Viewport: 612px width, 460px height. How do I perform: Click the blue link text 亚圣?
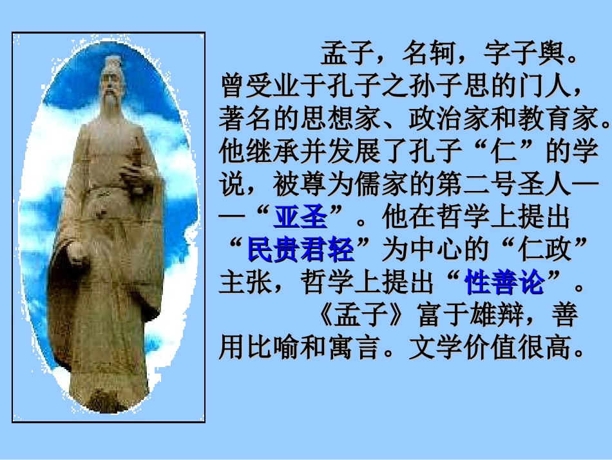[300, 217]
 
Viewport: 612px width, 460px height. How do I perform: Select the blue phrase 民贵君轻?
[301, 250]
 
